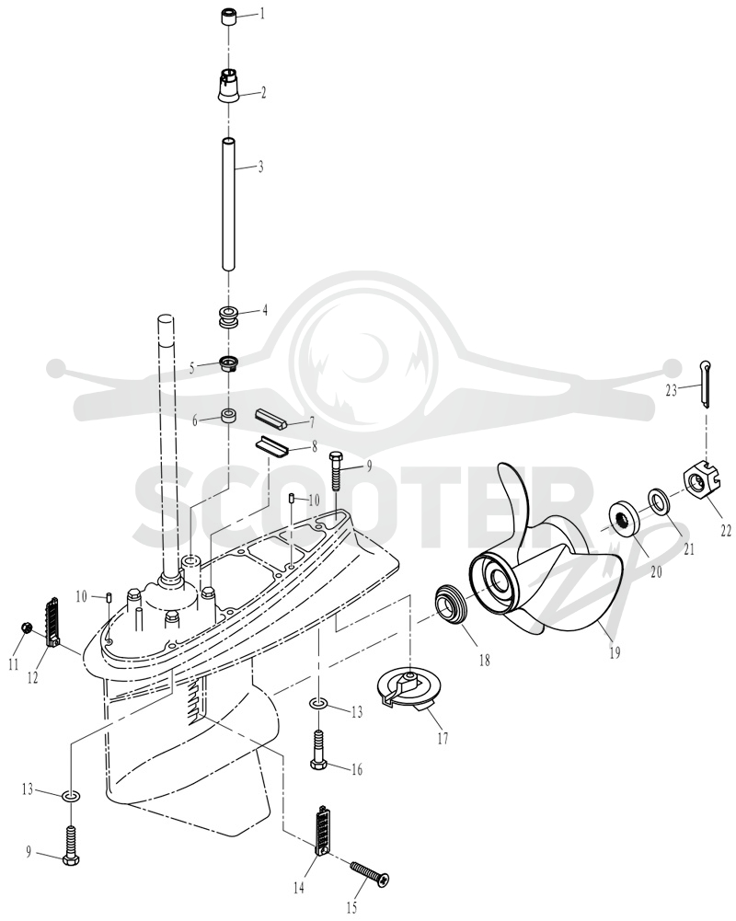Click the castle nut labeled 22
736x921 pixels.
point(699,485)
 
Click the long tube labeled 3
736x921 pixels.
point(229,204)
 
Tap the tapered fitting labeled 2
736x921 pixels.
point(230,86)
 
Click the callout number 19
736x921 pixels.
point(615,652)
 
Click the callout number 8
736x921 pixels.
point(315,446)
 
